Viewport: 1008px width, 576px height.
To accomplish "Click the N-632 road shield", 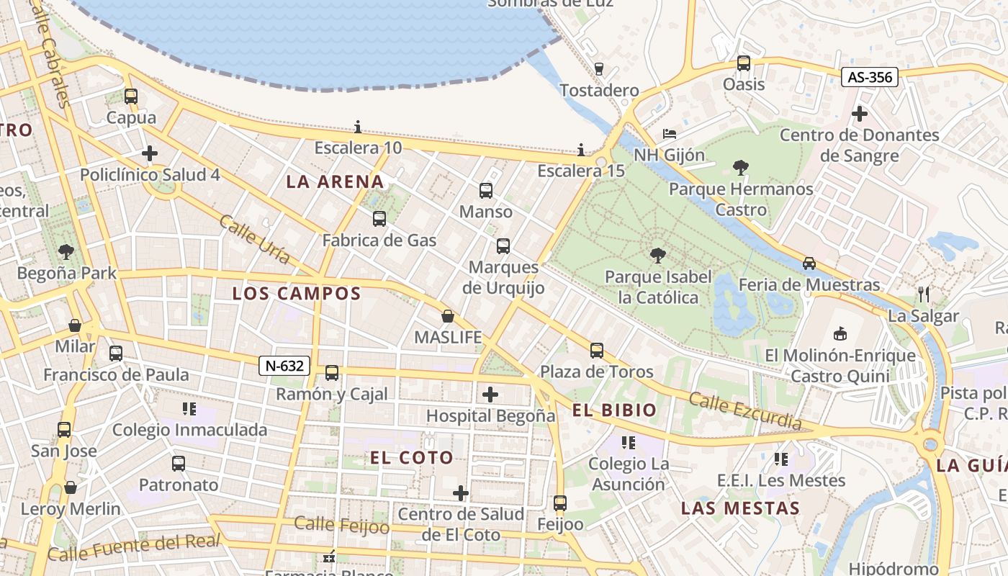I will tap(284, 366).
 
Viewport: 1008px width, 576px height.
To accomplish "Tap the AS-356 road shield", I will tap(870, 76).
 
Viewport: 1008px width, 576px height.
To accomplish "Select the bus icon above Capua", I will tap(130, 96).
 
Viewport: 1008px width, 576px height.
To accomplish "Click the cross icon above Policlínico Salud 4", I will tap(150, 153).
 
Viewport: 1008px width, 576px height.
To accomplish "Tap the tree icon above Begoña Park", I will tap(66, 252).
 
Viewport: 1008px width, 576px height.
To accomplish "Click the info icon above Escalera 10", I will tap(358, 127).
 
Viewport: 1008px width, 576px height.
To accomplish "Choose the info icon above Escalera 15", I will tap(581, 150).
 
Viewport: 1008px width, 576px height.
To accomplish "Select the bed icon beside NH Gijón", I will tap(669, 134).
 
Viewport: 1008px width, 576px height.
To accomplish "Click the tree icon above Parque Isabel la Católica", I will tap(657, 255).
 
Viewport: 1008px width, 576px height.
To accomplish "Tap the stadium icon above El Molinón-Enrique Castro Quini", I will tap(840, 333).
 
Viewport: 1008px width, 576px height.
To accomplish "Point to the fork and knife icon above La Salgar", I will tap(924, 294).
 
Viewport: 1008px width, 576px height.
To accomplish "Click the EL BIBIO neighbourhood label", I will tap(614, 410).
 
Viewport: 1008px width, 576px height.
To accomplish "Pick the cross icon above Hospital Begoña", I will tap(490, 395).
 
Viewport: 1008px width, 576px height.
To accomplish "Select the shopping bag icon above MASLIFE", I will tap(448, 316).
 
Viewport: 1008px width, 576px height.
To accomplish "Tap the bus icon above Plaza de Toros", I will tap(597, 351).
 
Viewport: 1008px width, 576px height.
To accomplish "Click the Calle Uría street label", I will tap(255, 239).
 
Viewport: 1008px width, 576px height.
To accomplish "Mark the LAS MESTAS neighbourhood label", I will tap(740, 508).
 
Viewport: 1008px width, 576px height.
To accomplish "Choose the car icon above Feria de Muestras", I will tap(809, 264).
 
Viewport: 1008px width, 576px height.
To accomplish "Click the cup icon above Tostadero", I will tap(598, 69).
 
